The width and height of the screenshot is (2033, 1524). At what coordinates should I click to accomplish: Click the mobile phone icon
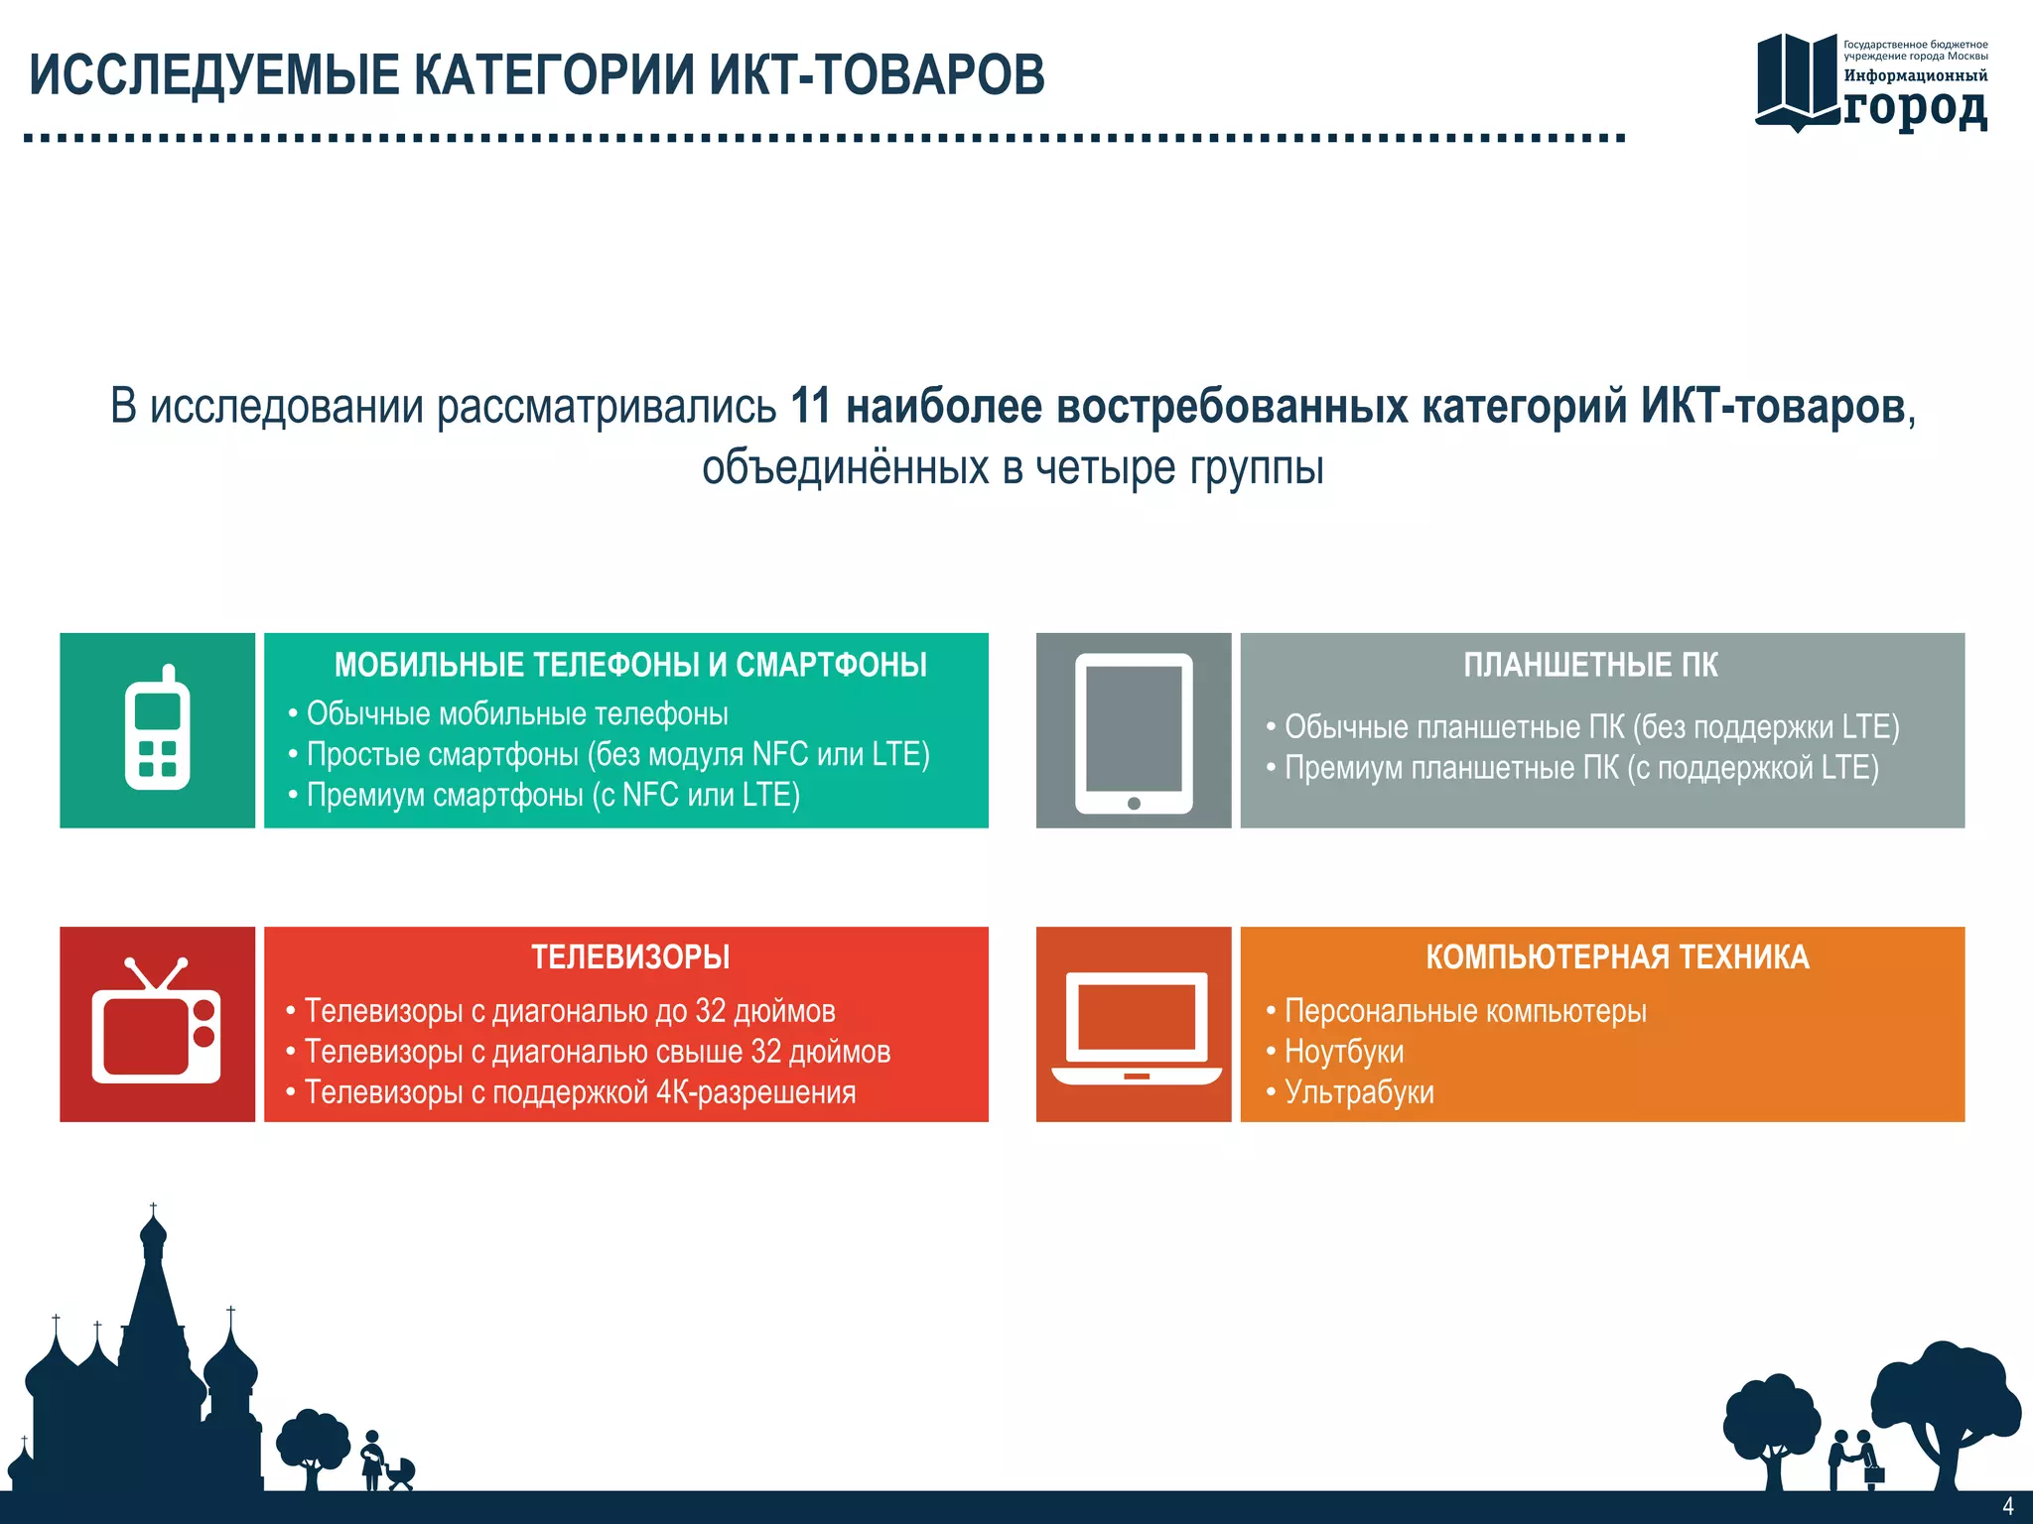(x=157, y=729)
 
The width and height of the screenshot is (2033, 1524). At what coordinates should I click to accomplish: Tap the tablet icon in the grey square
(x=1134, y=731)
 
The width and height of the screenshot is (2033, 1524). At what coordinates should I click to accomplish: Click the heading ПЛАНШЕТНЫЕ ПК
(x=1590, y=665)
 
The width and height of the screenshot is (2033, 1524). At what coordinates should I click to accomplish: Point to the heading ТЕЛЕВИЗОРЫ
(x=630, y=957)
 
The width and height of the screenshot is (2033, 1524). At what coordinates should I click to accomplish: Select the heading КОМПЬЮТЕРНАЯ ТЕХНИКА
(x=1617, y=957)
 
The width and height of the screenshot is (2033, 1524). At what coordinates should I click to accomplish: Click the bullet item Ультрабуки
(x=1358, y=1092)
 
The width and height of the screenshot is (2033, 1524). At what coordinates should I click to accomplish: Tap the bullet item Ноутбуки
(x=1343, y=1052)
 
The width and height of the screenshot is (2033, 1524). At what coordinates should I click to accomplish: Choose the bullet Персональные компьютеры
(x=1464, y=1011)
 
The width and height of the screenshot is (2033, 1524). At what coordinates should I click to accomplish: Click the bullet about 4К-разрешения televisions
(x=579, y=1092)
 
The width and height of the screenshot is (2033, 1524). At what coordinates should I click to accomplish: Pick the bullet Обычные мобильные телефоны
(x=516, y=713)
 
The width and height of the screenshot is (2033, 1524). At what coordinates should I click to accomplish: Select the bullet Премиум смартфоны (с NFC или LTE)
(x=552, y=795)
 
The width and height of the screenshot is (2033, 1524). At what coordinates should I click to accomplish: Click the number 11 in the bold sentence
(x=811, y=407)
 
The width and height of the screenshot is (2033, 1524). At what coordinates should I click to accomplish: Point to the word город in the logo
(x=1915, y=107)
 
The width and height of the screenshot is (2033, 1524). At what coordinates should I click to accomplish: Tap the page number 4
(x=2007, y=1506)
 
